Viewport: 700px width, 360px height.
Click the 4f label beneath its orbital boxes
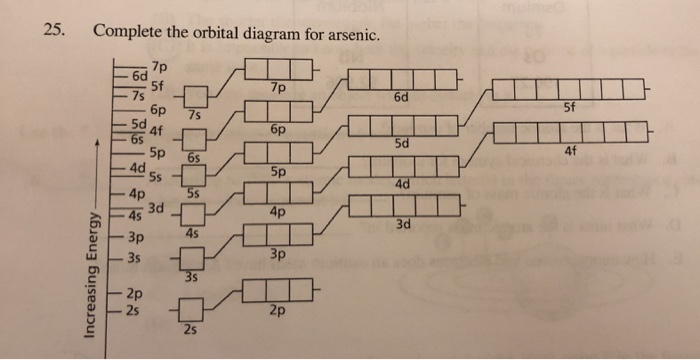coord(570,151)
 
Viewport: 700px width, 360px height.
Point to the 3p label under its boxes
coord(277,257)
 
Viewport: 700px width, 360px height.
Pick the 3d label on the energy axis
coord(155,207)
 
